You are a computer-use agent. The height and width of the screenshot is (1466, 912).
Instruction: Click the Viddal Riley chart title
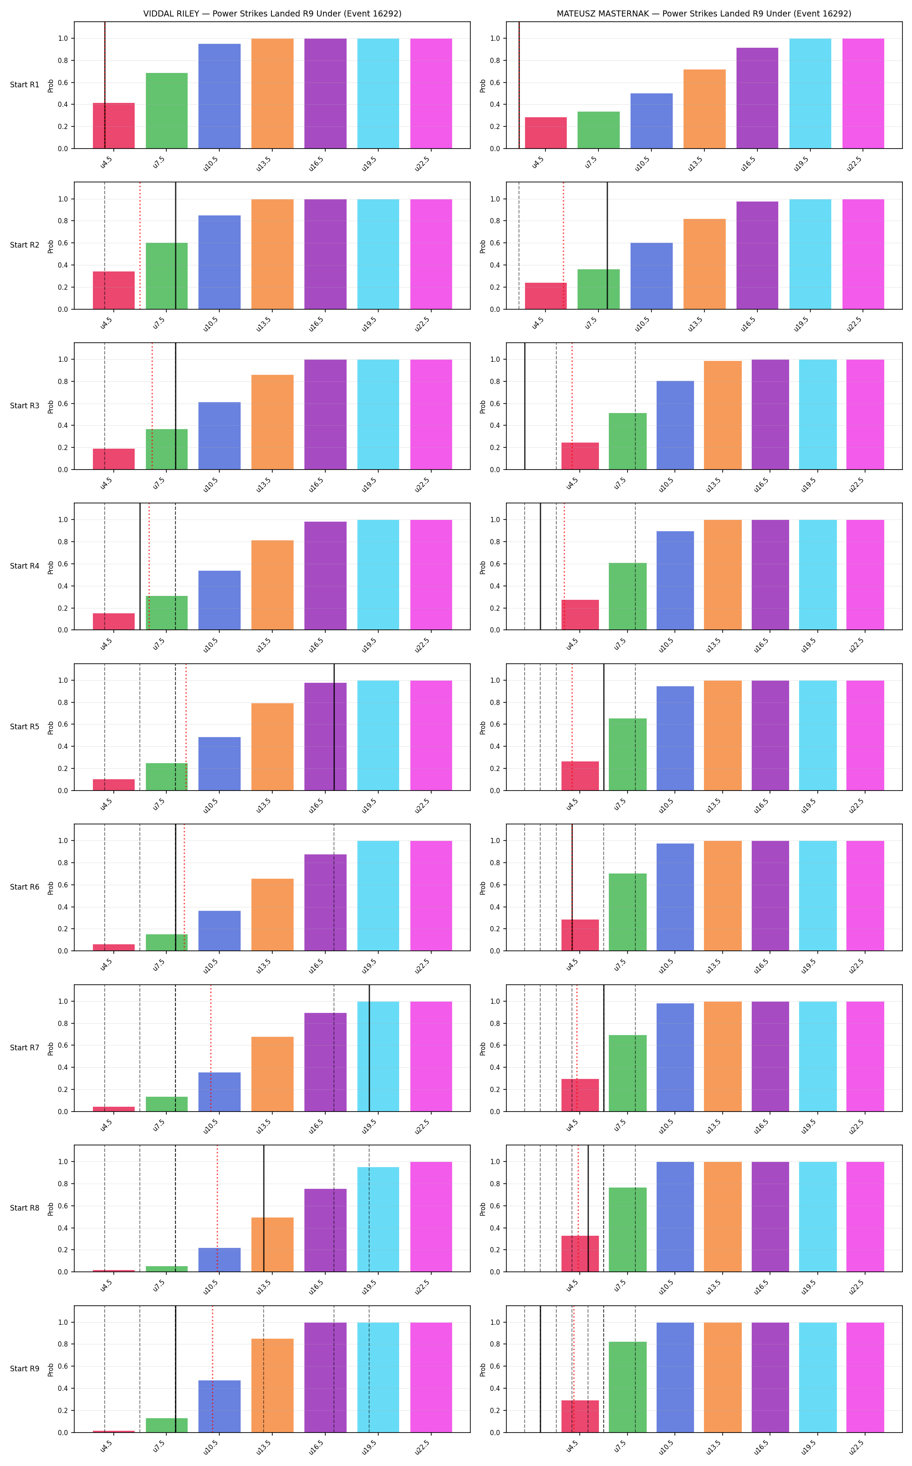pyautogui.click(x=272, y=13)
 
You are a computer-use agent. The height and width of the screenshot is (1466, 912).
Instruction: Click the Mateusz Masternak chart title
pyautogui.click(x=704, y=13)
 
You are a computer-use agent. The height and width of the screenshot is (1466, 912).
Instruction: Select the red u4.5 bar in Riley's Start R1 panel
pyautogui.click(x=113, y=126)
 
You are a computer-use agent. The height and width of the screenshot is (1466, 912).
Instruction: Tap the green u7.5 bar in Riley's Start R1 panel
pyautogui.click(x=166, y=110)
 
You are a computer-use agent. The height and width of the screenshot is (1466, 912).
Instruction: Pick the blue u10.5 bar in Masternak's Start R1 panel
pyautogui.click(x=651, y=121)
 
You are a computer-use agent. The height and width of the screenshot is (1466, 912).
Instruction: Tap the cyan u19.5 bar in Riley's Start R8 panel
pyautogui.click(x=378, y=1219)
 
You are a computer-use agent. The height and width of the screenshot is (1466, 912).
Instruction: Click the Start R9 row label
pyautogui.click(x=25, y=1369)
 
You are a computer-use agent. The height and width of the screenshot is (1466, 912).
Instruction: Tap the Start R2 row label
pyautogui.click(x=25, y=245)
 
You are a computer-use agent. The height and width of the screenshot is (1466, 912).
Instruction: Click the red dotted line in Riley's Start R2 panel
pyautogui.click(x=140, y=245)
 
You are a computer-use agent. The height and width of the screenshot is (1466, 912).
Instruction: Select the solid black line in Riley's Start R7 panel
pyautogui.click(x=369, y=1048)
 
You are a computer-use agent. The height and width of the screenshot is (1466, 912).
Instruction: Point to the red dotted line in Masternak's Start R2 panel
pyautogui.click(x=563, y=245)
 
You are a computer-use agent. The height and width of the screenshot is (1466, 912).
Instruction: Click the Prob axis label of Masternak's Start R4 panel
pyautogui.click(x=482, y=566)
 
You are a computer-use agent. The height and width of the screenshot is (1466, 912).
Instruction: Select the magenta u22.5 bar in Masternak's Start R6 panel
pyautogui.click(x=865, y=896)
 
